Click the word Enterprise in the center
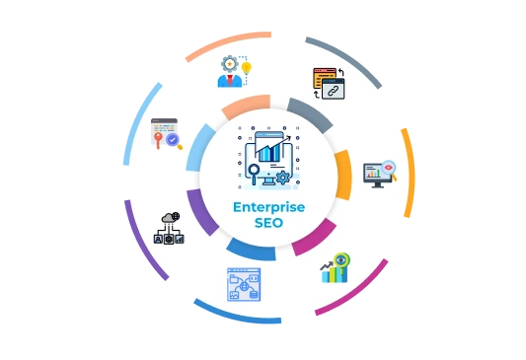[x=268, y=207]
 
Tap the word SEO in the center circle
[x=268, y=223]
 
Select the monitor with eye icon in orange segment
[x=379, y=174]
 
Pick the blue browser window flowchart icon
[x=243, y=284]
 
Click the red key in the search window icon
[x=157, y=141]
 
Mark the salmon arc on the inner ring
[x=245, y=104]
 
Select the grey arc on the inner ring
[x=308, y=114]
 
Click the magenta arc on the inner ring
[x=315, y=237]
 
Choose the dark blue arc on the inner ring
[x=251, y=250]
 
